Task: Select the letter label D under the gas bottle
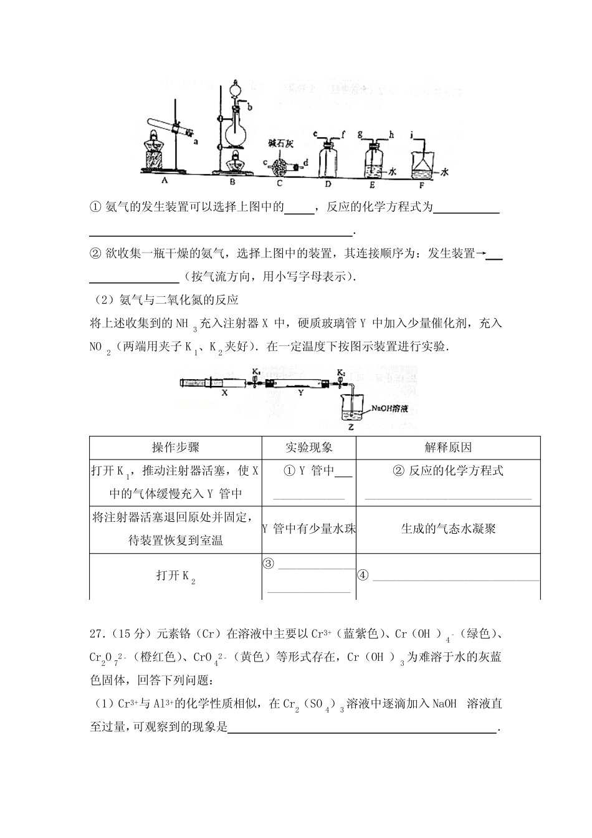328,184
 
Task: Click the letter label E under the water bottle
373,184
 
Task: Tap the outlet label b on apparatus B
250,108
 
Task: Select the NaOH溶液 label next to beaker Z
389,409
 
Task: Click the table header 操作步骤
176,448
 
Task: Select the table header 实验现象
309,448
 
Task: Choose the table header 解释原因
448,448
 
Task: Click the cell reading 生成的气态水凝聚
448,529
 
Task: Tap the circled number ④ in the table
363,575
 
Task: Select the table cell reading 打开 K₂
176,577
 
